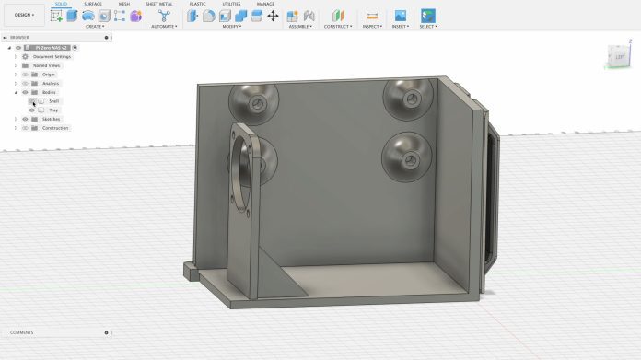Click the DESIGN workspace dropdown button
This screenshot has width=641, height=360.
coord(24,15)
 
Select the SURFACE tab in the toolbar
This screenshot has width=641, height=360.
coord(93,4)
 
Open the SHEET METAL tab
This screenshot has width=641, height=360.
coord(158,4)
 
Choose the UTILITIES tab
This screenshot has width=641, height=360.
coord(231,4)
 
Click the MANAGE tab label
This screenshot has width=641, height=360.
coord(265,4)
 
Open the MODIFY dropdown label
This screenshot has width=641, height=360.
coord(231,27)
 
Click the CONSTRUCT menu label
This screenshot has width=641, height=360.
coord(337,27)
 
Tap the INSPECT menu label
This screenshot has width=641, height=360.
coord(372,27)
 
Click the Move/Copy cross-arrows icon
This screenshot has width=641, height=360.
coord(273,16)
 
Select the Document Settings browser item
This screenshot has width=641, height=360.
coord(52,56)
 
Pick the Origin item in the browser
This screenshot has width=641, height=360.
coord(48,75)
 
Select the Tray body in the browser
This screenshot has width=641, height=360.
coord(53,110)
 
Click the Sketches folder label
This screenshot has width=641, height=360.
coord(51,119)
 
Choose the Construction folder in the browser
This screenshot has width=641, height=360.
coord(55,128)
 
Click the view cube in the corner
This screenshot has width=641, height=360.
coord(618,57)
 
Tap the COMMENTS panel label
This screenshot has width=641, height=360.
coord(22,332)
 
